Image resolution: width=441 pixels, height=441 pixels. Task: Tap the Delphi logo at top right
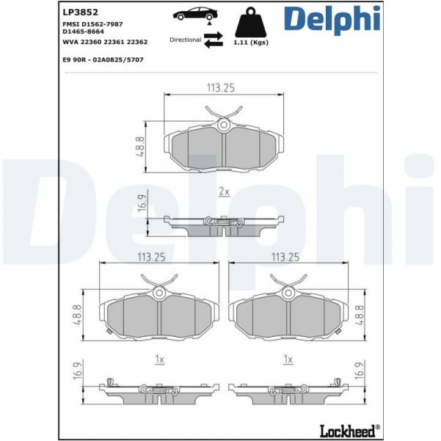332,20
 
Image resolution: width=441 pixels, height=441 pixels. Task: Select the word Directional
185,40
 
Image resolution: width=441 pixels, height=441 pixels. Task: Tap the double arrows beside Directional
213,40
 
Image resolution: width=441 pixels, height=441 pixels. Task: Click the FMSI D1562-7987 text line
92,24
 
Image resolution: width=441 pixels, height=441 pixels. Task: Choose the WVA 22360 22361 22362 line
105,43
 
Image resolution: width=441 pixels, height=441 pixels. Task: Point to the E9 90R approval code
103,59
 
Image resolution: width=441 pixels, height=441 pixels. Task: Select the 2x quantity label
224,192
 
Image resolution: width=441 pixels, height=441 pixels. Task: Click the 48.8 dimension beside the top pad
140,143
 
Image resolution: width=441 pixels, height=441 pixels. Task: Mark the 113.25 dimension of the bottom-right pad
286,258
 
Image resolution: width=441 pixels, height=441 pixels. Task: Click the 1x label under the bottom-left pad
158,359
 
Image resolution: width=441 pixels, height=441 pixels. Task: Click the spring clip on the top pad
223,117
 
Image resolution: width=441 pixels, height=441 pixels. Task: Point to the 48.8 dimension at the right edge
359,315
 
